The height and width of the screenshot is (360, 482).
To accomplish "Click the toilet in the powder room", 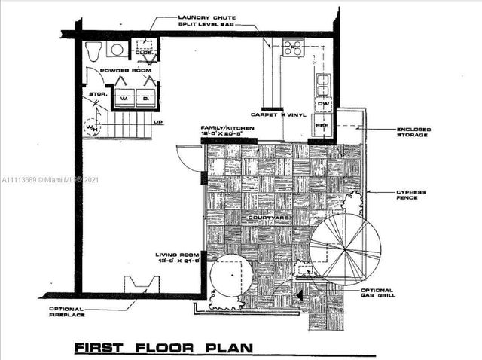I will click(93, 51).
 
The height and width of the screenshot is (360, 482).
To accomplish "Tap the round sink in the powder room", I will click(117, 50).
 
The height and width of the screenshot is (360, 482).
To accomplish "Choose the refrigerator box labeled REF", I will click(322, 126).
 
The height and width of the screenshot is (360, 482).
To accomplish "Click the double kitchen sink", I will click(322, 84).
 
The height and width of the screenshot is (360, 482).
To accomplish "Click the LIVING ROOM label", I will click(178, 255).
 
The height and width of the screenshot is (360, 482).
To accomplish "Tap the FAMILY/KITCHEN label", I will click(227, 129).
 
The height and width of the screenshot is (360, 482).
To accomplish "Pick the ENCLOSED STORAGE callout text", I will click(413, 133).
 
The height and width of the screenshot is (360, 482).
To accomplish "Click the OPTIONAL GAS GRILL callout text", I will click(377, 293).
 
